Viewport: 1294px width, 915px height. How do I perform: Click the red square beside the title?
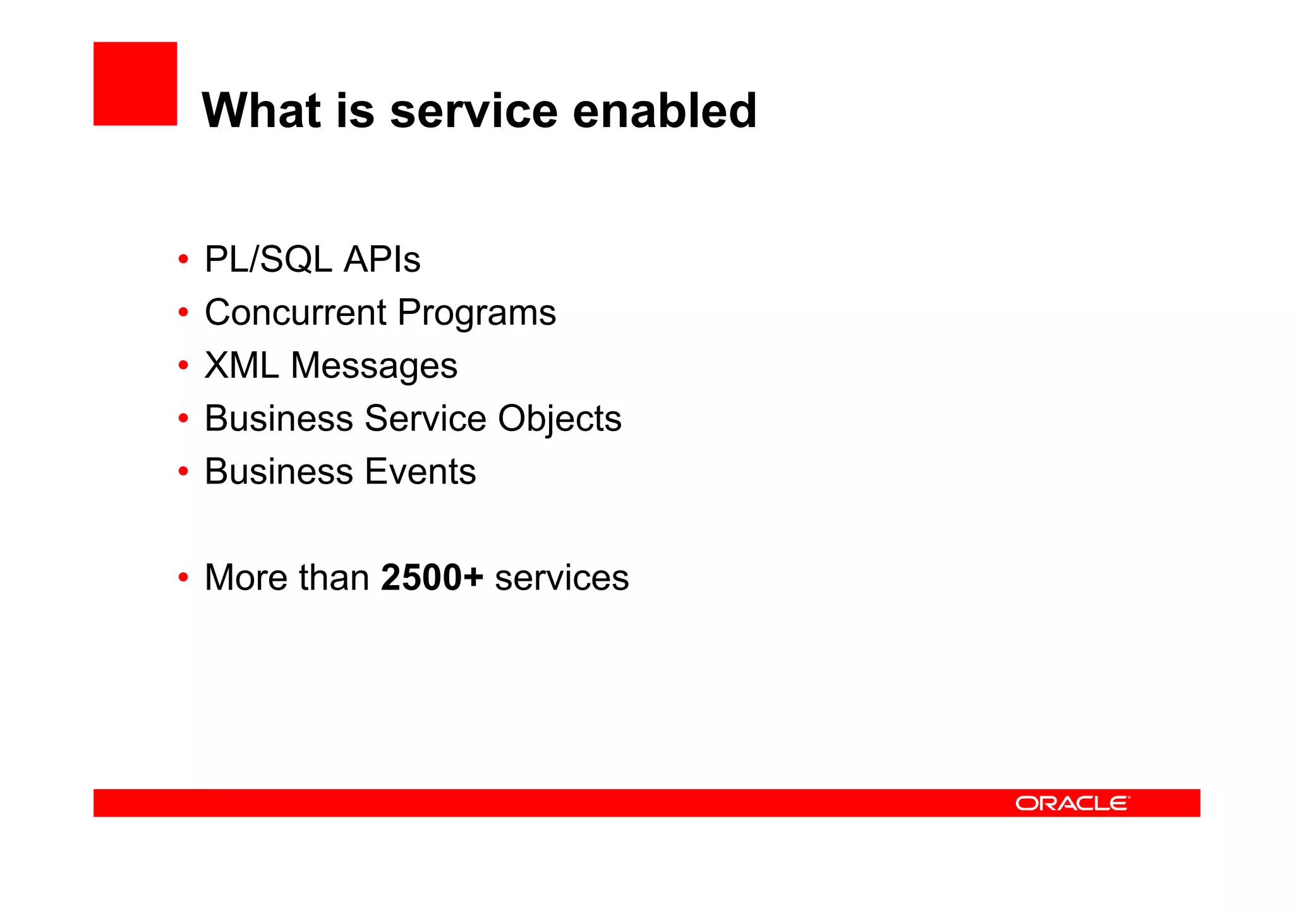click(x=135, y=83)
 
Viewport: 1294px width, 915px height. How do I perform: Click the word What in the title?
click(x=262, y=111)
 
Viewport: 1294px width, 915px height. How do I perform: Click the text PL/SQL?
click(x=268, y=260)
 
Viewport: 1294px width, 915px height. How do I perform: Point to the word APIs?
click(x=382, y=260)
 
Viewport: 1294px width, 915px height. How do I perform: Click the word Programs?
click(x=476, y=313)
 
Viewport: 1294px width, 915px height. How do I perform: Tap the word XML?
click(x=241, y=365)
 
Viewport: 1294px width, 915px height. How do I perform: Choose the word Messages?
click(x=373, y=367)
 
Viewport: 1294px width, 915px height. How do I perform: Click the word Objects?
click(x=559, y=420)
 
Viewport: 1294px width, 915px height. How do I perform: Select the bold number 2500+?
click(x=432, y=578)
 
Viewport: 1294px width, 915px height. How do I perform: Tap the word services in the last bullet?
click(x=562, y=578)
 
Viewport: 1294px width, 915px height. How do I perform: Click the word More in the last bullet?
click(x=246, y=578)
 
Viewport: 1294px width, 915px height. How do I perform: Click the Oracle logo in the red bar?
click(x=1072, y=803)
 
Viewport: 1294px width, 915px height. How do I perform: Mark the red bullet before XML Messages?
click(x=183, y=365)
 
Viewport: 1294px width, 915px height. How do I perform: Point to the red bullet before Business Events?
click(x=183, y=471)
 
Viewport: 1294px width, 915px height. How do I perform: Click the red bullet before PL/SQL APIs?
click(x=183, y=259)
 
